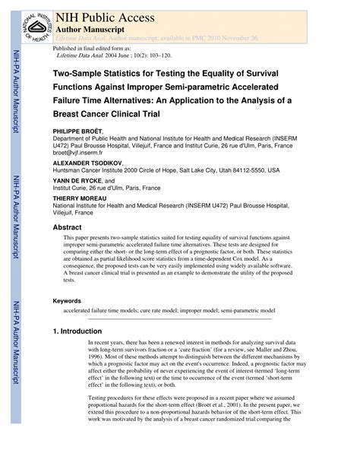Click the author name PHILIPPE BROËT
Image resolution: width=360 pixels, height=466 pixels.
(79, 131)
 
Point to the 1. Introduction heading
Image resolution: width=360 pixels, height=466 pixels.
(81, 331)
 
